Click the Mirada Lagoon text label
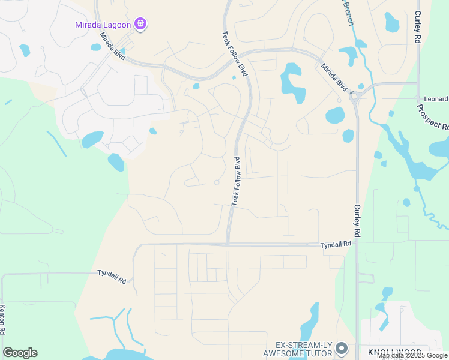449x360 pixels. coord(103,25)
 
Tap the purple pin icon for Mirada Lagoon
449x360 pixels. coord(141,24)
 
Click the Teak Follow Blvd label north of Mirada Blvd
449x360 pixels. coord(235,53)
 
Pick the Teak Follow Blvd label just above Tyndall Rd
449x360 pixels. coord(236,181)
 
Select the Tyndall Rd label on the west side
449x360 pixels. coord(112,276)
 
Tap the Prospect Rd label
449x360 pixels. coord(432,118)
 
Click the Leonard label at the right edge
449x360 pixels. coord(436,99)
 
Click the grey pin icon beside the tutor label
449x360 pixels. coord(342,348)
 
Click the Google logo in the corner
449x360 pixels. coord(20,353)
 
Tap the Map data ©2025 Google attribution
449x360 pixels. coord(412,356)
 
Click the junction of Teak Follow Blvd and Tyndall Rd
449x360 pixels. coord(228,244)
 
